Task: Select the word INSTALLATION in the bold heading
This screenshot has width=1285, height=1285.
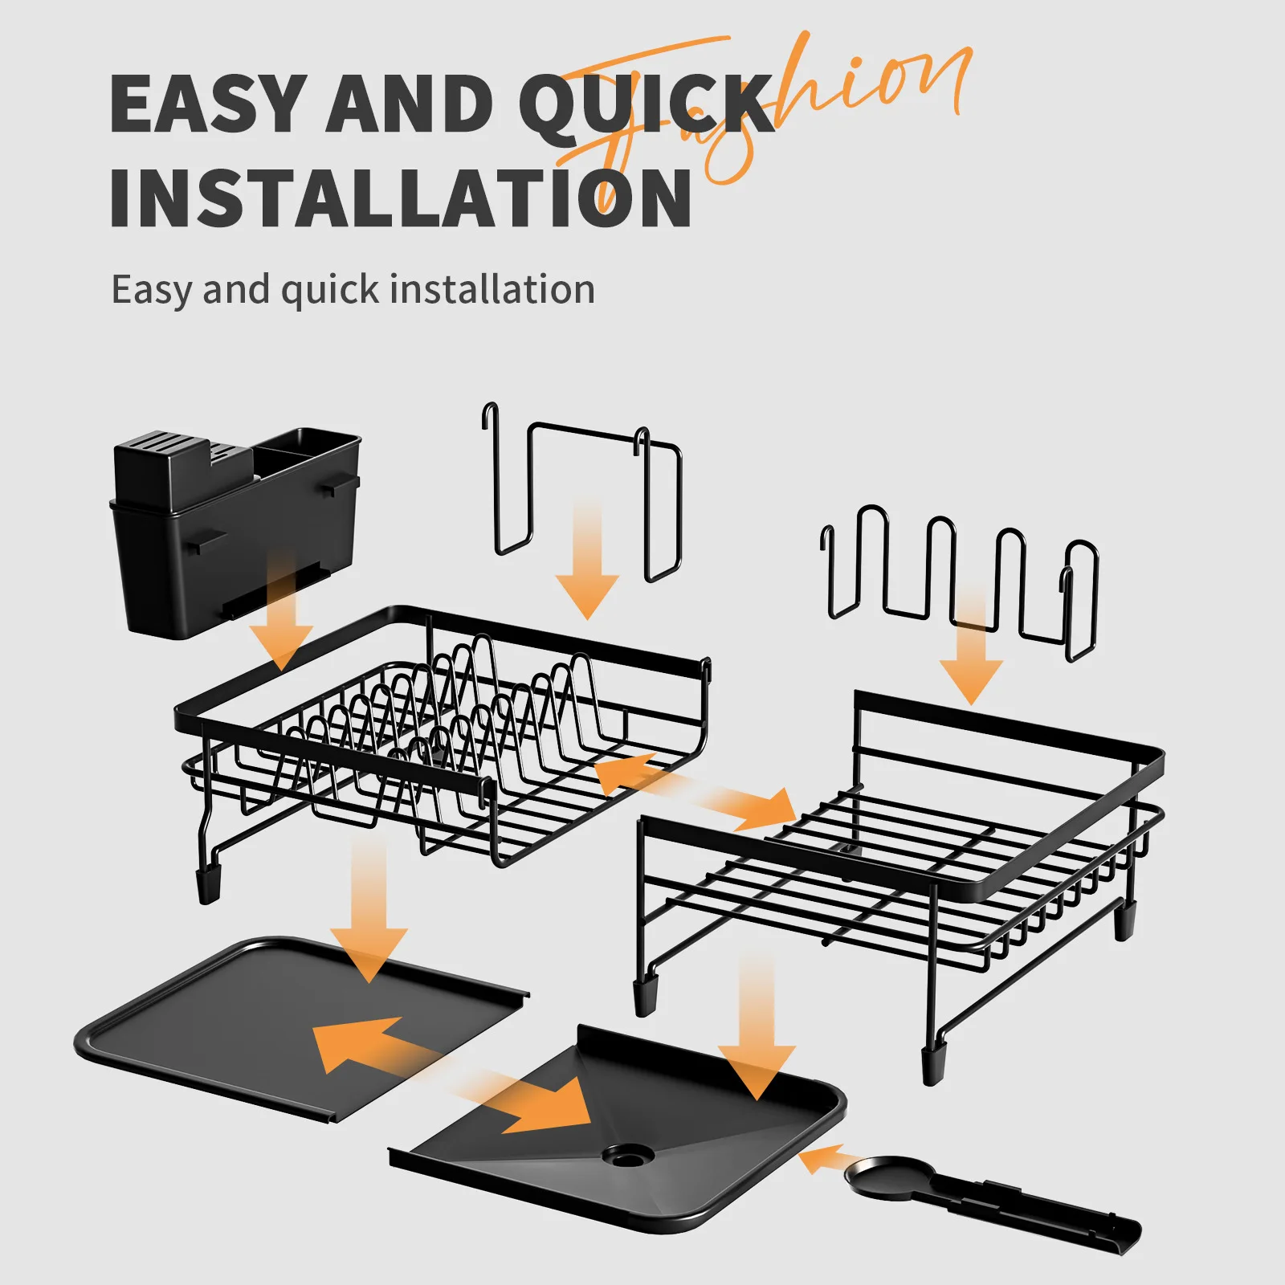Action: tap(400, 198)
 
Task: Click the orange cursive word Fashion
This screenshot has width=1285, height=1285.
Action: tap(803, 96)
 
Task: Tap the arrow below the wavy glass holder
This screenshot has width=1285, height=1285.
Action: tap(971, 651)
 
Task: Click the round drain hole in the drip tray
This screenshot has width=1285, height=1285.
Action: tap(628, 1156)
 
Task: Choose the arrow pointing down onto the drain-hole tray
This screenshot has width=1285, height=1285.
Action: tap(756, 1028)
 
